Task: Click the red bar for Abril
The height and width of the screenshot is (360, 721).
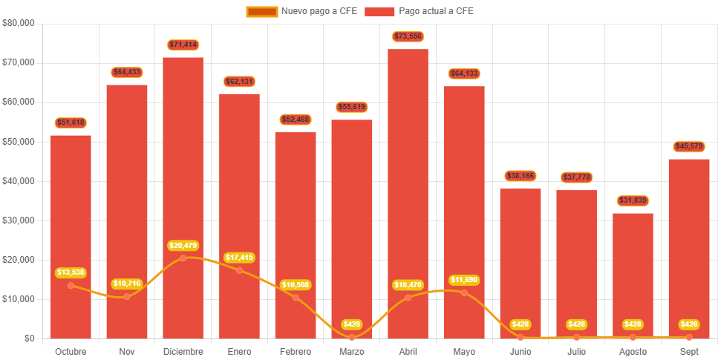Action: pos(408,193)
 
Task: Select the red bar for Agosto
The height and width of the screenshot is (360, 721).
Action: pos(633,275)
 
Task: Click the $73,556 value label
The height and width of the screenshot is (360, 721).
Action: pos(408,36)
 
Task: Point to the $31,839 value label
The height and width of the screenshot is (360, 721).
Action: pos(633,200)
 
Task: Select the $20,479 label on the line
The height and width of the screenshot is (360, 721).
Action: pos(183,246)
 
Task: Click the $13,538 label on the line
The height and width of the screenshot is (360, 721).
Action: pos(71,272)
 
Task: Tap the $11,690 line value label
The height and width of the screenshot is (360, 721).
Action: pos(464,280)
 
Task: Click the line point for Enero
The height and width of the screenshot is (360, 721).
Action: pos(239,270)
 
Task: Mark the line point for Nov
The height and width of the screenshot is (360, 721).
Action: pos(127,297)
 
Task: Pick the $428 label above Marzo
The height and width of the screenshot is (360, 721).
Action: pos(352,324)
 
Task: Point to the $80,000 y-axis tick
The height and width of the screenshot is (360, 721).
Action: pos(19,23)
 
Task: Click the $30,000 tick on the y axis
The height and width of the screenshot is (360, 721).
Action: pos(19,220)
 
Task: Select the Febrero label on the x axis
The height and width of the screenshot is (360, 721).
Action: pos(296,351)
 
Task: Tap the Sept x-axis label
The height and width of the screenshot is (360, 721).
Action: pos(689,351)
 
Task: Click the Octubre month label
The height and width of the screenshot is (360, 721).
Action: pos(71,351)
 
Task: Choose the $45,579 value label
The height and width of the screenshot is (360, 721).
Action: pos(689,146)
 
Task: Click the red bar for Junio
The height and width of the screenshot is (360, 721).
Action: pos(521,263)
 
